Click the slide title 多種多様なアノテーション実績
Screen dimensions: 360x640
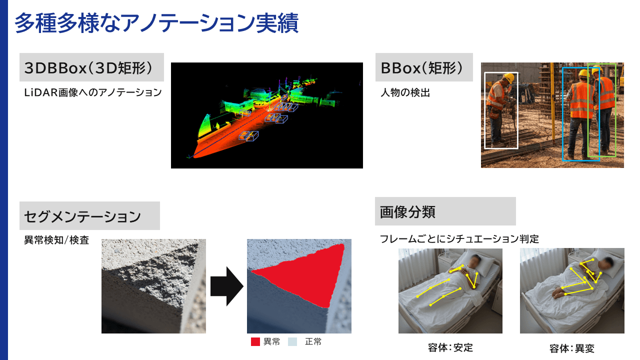click(x=156, y=23)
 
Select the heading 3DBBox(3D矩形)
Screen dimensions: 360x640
click(x=88, y=68)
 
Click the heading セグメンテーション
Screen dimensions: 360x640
click(x=82, y=216)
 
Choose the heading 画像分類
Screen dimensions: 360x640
click(x=407, y=211)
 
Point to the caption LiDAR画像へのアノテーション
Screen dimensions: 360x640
click(x=93, y=92)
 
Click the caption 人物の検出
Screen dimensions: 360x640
click(x=405, y=92)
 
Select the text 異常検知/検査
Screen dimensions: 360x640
click(x=56, y=240)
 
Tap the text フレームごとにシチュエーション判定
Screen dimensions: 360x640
click(x=459, y=239)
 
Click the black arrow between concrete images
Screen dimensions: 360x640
click(x=226, y=286)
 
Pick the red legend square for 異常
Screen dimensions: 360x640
click(x=255, y=342)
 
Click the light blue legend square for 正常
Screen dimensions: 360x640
click(x=292, y=342)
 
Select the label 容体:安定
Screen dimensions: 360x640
click(x=450, y=348)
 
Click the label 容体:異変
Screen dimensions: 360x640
click(x=572, y=348)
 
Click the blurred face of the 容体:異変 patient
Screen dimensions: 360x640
click(x=607, y=262)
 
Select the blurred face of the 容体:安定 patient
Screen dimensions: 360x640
click(x=475, y=260)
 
